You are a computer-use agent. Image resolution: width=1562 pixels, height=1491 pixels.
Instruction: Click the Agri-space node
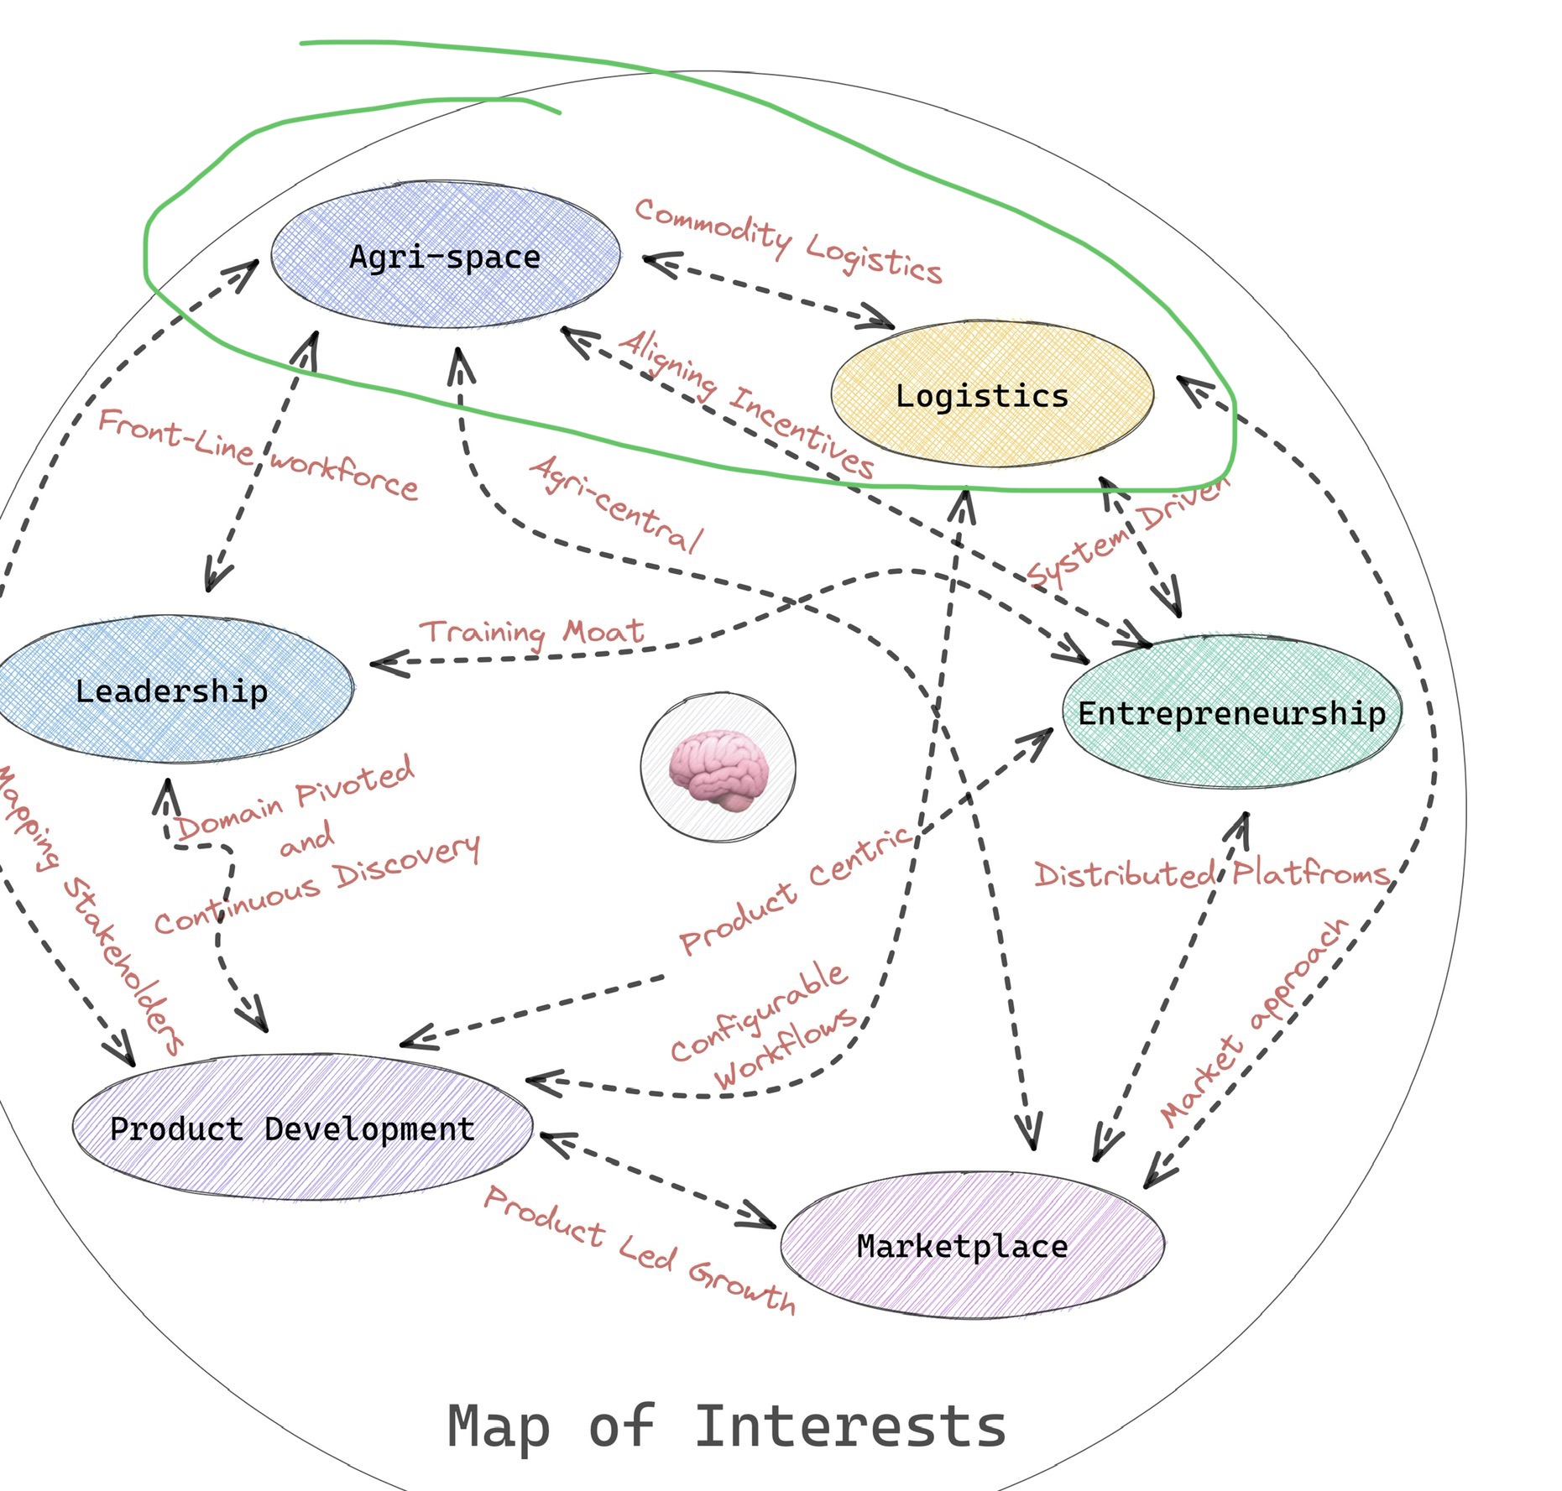point(446,256)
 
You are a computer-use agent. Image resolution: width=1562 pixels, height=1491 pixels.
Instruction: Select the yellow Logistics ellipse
point(990,395)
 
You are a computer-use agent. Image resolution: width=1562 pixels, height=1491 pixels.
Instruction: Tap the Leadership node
point(173,691)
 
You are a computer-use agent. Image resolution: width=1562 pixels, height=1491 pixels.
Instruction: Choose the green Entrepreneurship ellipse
point(1231,713)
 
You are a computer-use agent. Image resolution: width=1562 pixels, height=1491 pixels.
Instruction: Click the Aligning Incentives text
point(746,402)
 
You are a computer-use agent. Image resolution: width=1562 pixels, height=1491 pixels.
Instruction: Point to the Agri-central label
point(617,503)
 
